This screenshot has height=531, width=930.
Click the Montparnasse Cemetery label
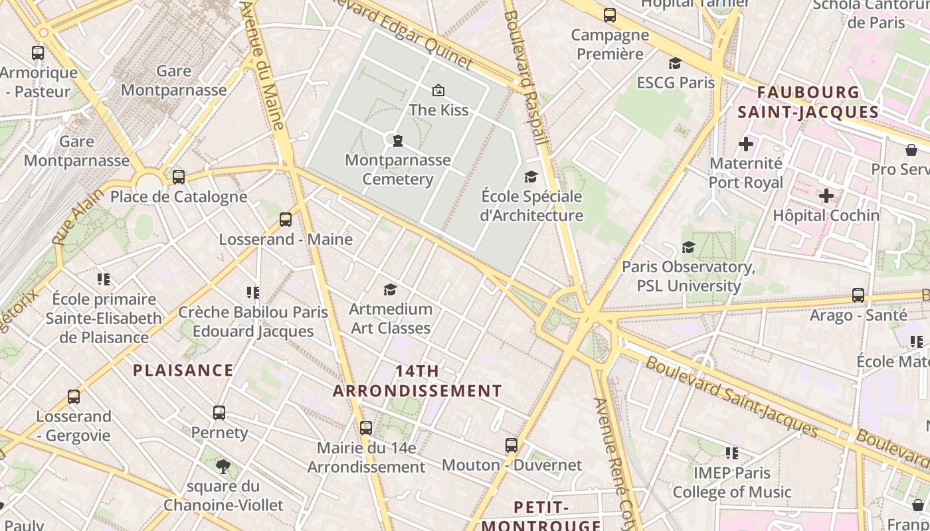click(x=398, y=169)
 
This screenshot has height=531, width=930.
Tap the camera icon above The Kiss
click(x=438, y=90)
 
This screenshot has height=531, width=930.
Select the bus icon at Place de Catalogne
click(x=178, y=177)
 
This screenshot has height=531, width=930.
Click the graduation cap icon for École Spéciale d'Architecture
click(x=531, y=177)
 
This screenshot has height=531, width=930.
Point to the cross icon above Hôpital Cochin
click(x=826, y=196)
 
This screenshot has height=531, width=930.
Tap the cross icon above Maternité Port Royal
click(x=746, y=143)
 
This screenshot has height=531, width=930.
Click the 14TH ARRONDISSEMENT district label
click(x=417, y=381)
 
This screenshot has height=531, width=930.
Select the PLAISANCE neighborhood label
click(x=183, y=370)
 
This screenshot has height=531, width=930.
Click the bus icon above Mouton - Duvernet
click(x=511, y=445)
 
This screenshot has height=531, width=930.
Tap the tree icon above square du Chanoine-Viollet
click(x=223, y=467)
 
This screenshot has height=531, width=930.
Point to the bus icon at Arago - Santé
click(x=858, y=295)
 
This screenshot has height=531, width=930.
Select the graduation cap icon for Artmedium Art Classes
click(x=390, y=289)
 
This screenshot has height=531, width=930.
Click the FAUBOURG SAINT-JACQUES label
click(x=808, y=102)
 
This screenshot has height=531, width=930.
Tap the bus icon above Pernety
click(x=219, y=413)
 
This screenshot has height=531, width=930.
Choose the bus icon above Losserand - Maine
click(x=286, y=220)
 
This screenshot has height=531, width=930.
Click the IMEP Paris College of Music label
click(x=732, y=483)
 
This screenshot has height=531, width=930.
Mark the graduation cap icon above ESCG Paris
click(x=675, y=63)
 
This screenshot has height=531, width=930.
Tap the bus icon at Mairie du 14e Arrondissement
click(x=366, y=428)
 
